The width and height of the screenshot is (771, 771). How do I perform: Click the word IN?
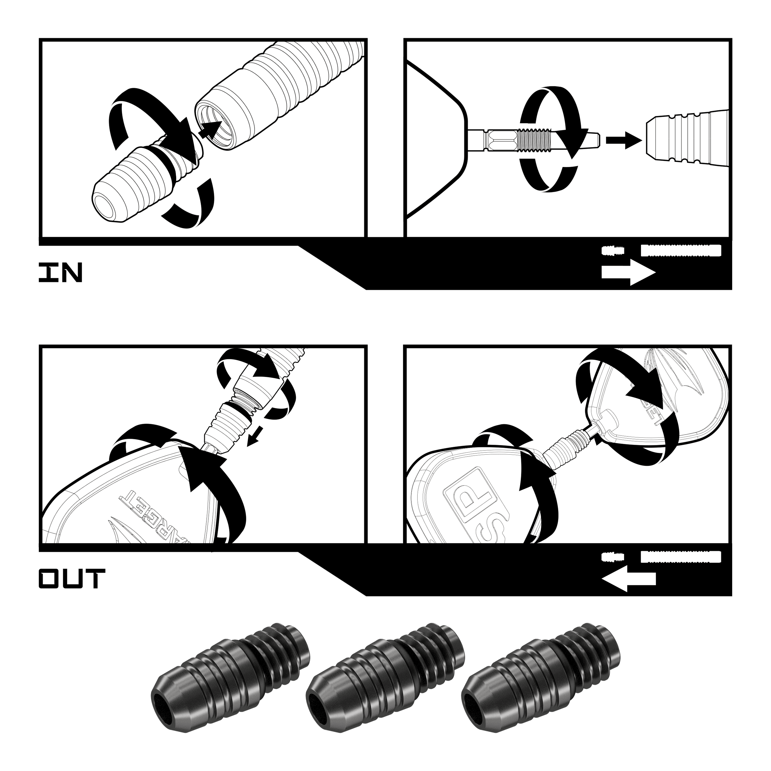coord(60,273)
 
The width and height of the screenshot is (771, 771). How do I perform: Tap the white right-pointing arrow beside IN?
coord(628,273)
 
